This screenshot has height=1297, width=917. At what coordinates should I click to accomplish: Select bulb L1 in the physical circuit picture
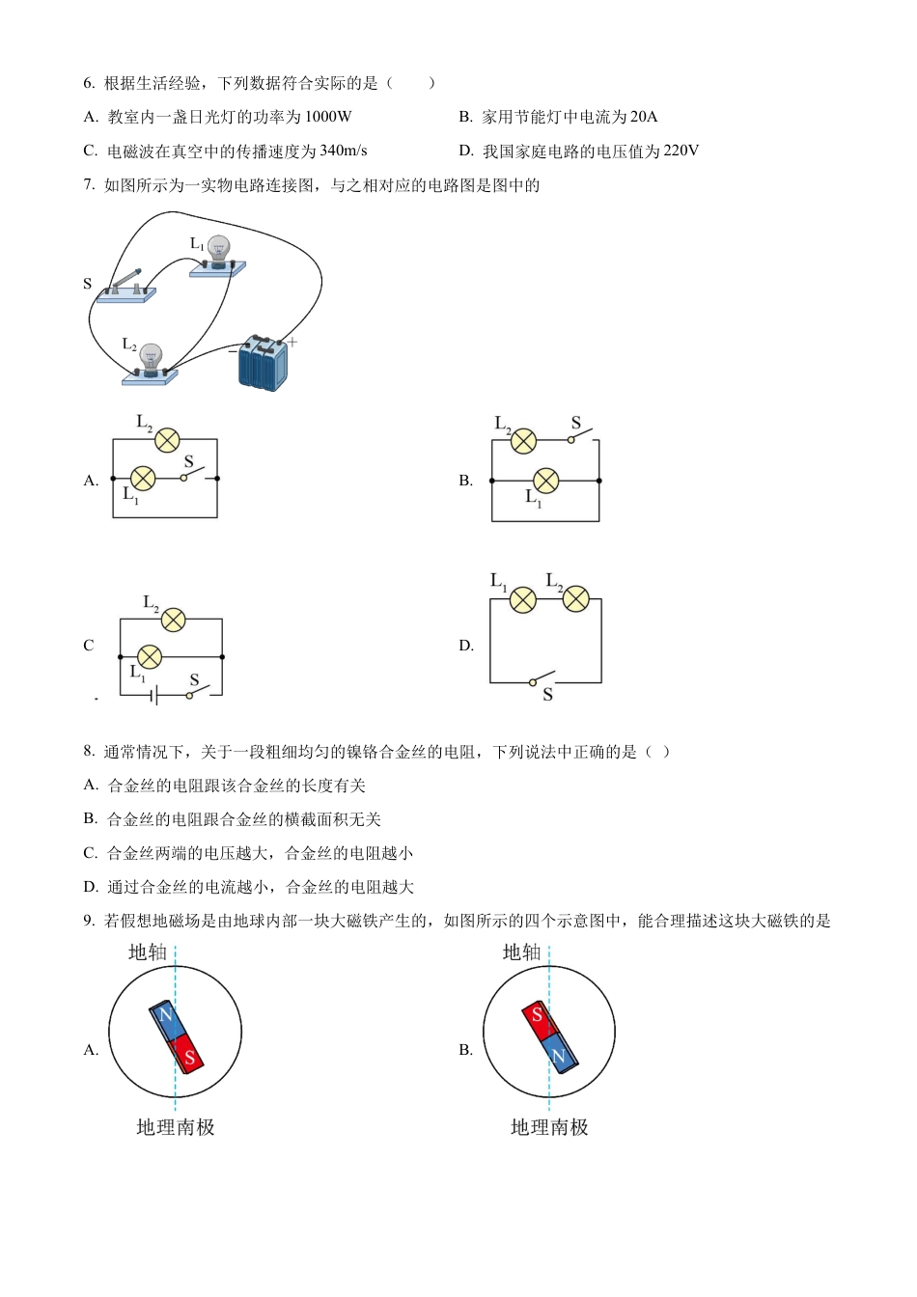(218, 254)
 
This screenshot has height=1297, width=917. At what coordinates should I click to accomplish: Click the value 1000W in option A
(327, 117)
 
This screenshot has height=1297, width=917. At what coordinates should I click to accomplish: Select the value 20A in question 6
(643, 117)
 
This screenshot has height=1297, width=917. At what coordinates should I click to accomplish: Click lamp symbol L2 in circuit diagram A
(167, 440)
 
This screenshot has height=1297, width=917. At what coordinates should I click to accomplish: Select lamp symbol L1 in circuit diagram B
(546, 480)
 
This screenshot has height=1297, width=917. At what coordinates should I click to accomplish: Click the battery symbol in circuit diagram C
(154, 695)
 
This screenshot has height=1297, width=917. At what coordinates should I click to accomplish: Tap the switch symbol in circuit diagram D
(542, 677)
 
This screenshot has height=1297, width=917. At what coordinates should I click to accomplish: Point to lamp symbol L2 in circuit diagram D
(575, 599)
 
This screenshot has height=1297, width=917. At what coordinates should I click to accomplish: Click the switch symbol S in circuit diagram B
(582, 435)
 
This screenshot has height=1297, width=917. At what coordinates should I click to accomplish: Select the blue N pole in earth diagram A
(165, 1019)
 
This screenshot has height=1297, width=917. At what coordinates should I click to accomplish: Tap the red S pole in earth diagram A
(188, 1056)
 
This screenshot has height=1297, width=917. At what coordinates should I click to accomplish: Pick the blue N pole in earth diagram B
(560, 1055)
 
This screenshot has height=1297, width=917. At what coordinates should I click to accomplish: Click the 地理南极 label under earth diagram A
(176, 1127)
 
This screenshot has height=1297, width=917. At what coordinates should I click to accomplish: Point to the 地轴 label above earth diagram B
(521, 952)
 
